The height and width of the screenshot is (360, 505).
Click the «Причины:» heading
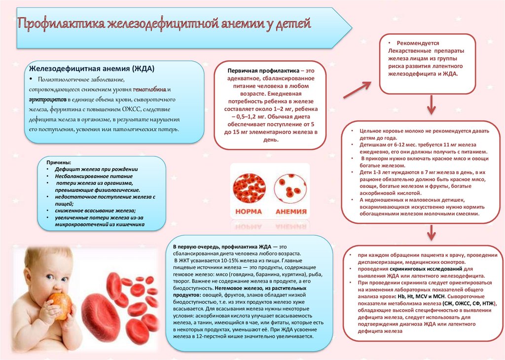tap(59, 162)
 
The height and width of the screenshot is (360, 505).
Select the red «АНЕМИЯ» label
tap(290, 212)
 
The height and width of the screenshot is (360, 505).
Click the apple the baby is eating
tap(62, 304)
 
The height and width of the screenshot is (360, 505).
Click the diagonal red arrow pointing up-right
tap(356, 91)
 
